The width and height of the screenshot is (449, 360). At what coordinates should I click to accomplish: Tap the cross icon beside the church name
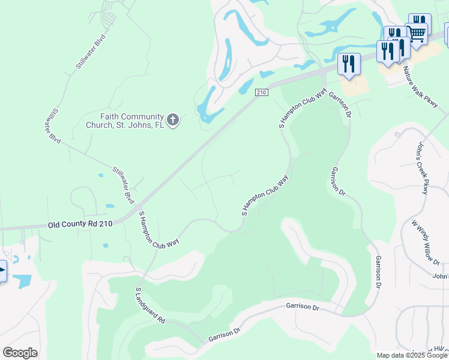pos(173,121)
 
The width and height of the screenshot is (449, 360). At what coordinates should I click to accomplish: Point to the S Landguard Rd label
pos(149,305)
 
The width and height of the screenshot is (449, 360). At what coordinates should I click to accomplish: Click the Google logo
pos(20,352)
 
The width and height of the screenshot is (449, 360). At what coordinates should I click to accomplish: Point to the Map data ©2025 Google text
pos(412,355)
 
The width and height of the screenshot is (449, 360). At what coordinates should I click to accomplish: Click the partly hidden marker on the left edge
pos(2,271)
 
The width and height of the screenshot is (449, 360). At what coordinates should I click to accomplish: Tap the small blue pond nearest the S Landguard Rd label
pos(106,245)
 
